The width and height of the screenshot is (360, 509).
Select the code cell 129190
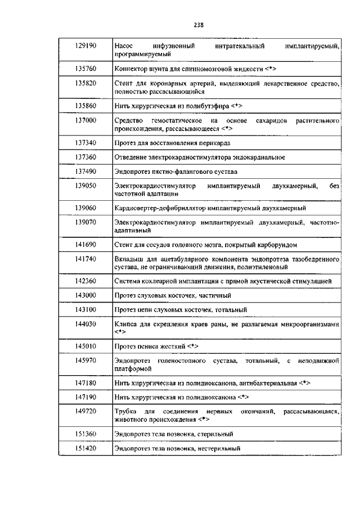tap(85, 44)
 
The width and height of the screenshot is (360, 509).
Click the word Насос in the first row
tap(123, 44)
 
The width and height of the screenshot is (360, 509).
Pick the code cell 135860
tap(85, 105)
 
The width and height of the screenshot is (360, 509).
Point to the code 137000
tap(85, 120)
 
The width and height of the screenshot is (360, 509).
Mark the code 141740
tap(85, 259)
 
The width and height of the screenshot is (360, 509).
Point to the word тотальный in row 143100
tap(231, 309)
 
